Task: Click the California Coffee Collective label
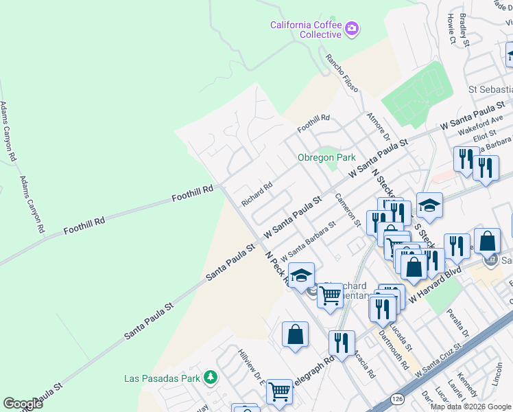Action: pyautogui.click(x=305, y=30)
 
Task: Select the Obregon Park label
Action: pyautogui.click(x=326, y=157)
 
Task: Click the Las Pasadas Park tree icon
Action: pyautogui.click(x=211, y=378)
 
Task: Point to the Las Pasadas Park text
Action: pyautogui.click(x=162, y=378)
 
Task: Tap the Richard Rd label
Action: pyautogui.click(x=257, y=194)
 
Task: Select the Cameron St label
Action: pyautogui.click(x=348, y=209)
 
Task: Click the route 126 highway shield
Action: pyautogui.click(x=397, y=398)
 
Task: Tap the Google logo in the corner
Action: pyautogui.click(x=23, y=404)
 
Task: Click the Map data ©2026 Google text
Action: pyautogui.click(x=471, y=407)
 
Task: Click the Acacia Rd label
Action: pyautogui.click(x=364, y=366)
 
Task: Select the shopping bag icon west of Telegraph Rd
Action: pyautogui.click(x=295, y=334)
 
